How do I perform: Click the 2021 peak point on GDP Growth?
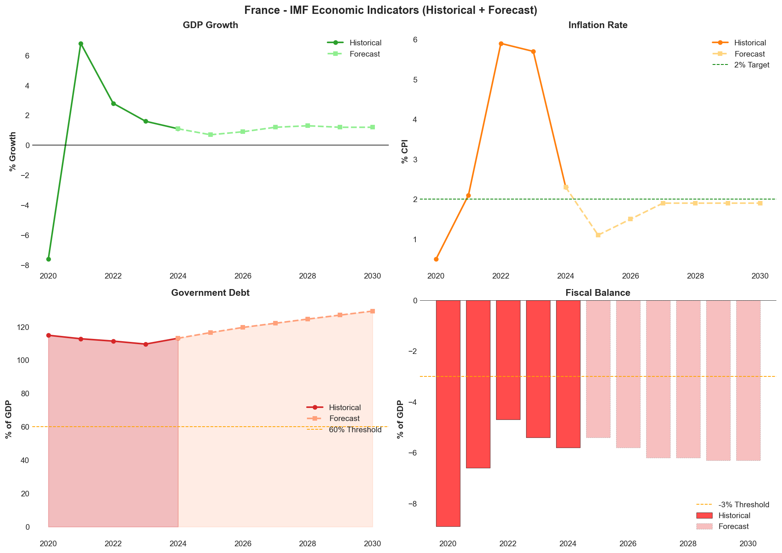click(x=81, y=44)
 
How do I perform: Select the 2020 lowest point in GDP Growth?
click(x=48, y=259)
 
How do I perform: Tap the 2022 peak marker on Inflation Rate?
click(x=501, y=43)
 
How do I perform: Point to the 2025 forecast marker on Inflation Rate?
click(x=598, y=235)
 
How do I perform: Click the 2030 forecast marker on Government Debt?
click(x=373, y=311)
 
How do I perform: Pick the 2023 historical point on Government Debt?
click(x=146, y=344)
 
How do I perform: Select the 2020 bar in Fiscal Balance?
click(x=448, y=412)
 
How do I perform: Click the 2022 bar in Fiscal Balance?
click(x=508, y=360)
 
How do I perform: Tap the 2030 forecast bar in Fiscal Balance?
click(x=748, y=381)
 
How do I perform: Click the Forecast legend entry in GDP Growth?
click(x=364, y=54)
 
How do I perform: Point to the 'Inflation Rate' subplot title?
click(x=598, y=25)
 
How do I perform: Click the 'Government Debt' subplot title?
click(x=210, y=293)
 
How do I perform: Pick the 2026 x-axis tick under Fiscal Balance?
click(x=628, y=544)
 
